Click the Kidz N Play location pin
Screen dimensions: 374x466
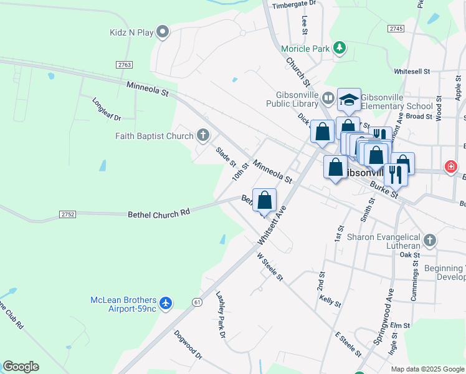(x=163, y=32)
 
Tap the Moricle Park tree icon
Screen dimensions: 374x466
(x=339, y=48)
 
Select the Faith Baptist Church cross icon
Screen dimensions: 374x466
(x=202, y=135)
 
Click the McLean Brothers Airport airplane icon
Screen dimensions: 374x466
(x=165, y=303)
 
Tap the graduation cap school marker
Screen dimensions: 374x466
(x=349, y=100)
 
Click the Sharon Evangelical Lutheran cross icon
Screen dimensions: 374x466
(x=429, y=239)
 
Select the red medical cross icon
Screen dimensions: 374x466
(x=450, y=166)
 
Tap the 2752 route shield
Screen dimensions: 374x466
(x=68, y=214)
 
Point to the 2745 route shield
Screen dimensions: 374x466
(x=396, y=29)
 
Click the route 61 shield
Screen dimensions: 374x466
(x=197, y=302)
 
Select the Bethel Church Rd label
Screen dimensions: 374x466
(x=158, y=213)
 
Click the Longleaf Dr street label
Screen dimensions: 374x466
(x=106, y=109)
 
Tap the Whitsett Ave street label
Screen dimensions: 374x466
(x=272, y=225)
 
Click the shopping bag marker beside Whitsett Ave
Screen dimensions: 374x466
(x=264, y=201)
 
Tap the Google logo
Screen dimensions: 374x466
(x=21, y=367)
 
